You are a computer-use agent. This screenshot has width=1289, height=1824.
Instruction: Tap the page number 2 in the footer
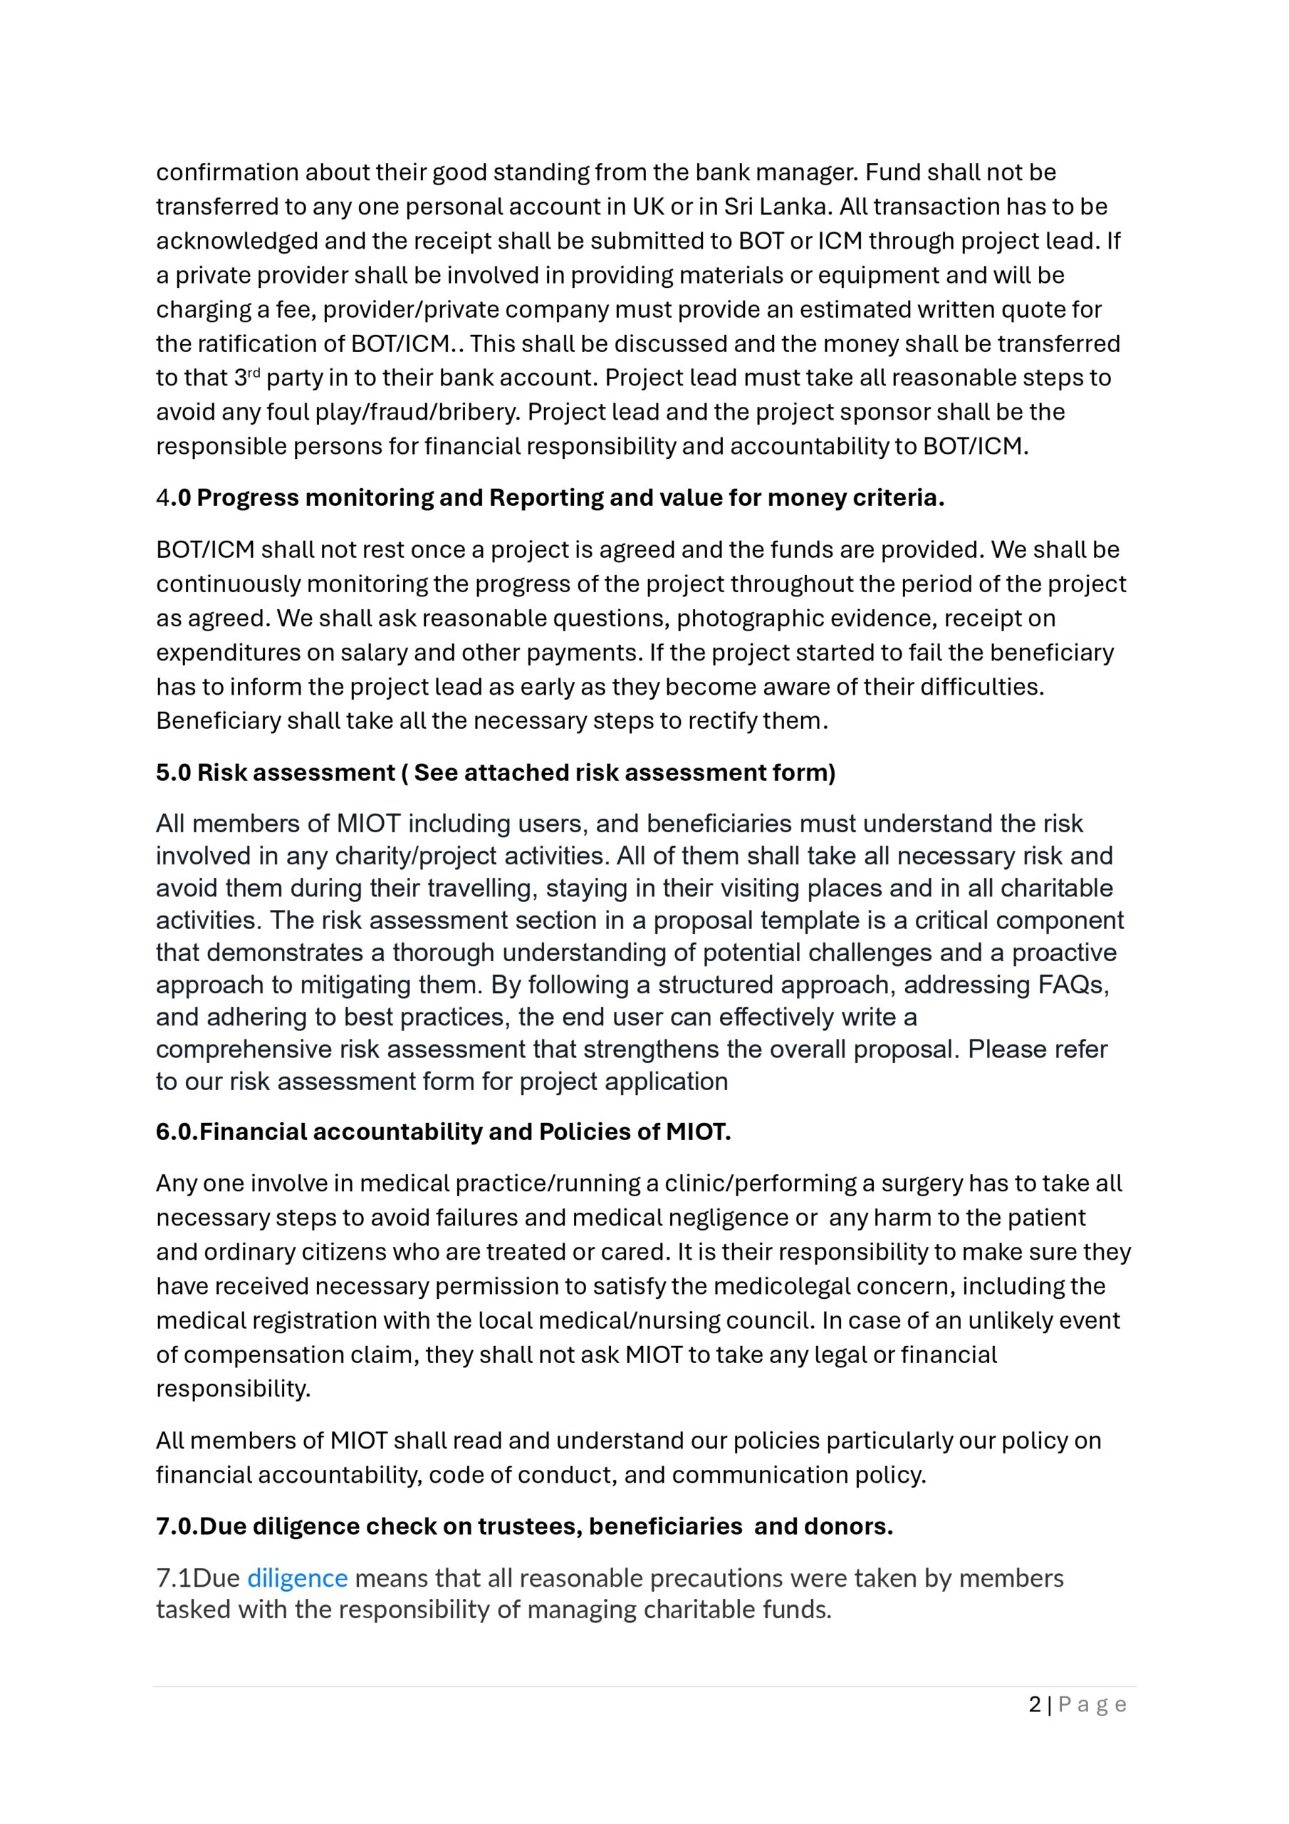click(x=1034, y=1704)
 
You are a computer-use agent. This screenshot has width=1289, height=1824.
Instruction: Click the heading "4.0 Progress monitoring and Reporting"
click(x=550, y=497)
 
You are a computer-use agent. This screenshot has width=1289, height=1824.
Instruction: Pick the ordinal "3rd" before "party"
click(x=247, y=378)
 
